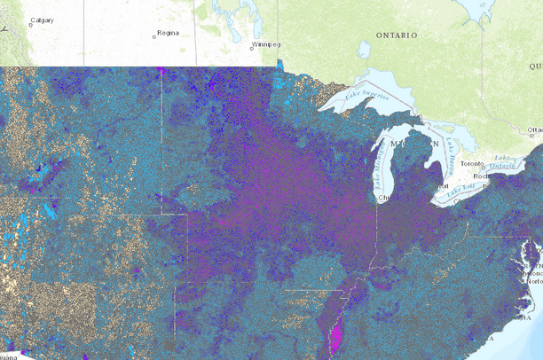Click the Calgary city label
tap(42, 20)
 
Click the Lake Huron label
tap(451, 140)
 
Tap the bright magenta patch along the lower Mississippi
tap(335, 337)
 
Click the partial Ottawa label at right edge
tap(534, 130)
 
